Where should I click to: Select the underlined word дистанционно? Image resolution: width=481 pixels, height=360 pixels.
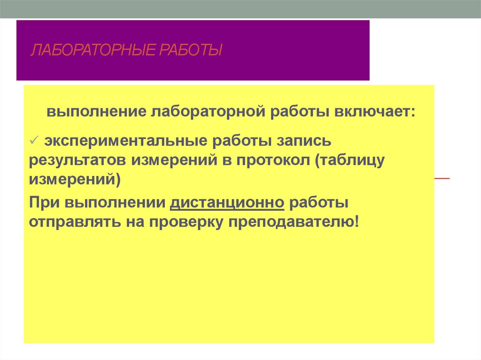tap(227, 202)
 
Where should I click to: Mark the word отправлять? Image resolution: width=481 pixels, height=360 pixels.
tap(73, 222)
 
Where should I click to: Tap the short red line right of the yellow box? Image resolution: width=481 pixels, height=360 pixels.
tap(442, 179)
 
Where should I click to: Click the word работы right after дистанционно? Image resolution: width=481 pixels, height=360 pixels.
tap(319, 202)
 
